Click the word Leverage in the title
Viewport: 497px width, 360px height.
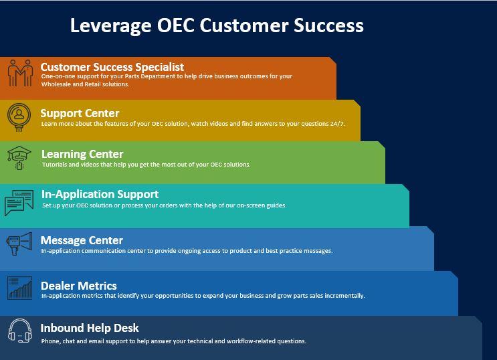110,26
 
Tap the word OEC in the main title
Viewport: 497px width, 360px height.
176,25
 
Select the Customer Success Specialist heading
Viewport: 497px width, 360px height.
112,67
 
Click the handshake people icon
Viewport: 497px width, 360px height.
21,73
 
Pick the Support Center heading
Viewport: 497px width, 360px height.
80,113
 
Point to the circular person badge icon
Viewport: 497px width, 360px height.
19,117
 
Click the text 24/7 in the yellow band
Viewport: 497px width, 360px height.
337,124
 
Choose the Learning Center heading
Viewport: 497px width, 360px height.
82,154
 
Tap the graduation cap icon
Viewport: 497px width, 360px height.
19,158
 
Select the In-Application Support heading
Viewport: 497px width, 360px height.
100,194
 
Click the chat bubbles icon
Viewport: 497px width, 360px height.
19,203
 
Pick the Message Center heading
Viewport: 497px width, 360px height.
82,240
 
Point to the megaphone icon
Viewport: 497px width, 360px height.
19,244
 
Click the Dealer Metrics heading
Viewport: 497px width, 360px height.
79,286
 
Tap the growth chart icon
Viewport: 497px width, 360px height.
19,288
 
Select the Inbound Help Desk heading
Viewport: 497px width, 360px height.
90,328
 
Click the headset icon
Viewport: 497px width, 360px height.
19,331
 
